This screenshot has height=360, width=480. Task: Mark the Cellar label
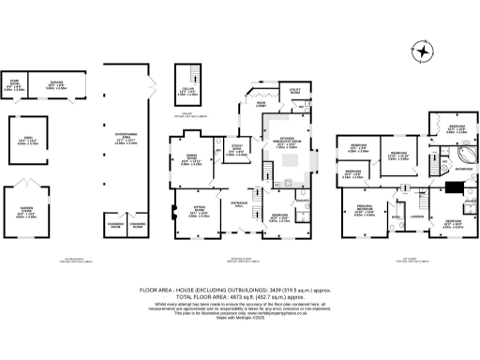tap(187, 90)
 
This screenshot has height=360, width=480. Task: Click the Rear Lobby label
tap(257, 102)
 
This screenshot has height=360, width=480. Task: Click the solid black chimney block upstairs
tap(450, 187)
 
